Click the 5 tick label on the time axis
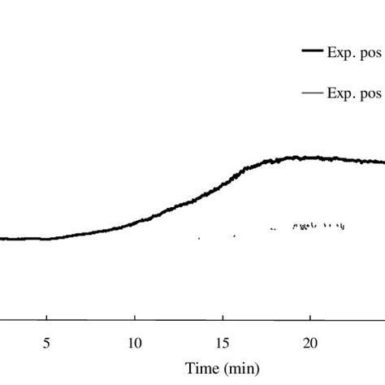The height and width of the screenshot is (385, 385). tap(47, 343)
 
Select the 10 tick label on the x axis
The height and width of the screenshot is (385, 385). tap(135, 343)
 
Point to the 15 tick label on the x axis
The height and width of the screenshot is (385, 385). tap(223, 343)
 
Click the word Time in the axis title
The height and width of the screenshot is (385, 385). tap(201, 368)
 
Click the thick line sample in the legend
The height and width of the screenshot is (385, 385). tap(312, 50)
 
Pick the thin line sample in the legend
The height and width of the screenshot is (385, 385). tap(312, 93)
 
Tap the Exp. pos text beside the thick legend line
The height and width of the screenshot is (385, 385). tap(355, 50)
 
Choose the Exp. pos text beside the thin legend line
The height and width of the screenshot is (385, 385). tap(355, 93)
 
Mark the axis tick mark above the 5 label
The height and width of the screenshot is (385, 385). tap(47, 321)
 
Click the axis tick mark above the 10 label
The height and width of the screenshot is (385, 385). tap(135, 321)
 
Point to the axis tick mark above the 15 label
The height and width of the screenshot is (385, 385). tap(223, 321)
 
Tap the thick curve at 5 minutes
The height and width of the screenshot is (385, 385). tap(47, 239)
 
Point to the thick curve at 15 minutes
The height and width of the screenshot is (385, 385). tap(223, 186)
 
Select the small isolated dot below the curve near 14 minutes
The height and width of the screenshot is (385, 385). tap(199, 238)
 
